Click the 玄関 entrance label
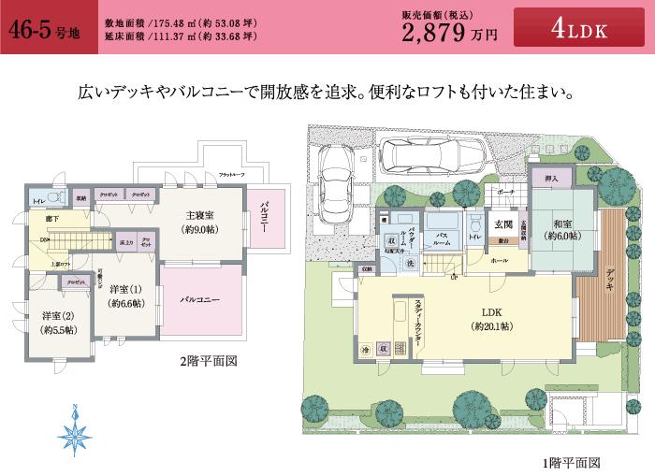click(x=502, y=224)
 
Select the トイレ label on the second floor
click(x=40, y=201)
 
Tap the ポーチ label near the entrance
click(x=505, y=192)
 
